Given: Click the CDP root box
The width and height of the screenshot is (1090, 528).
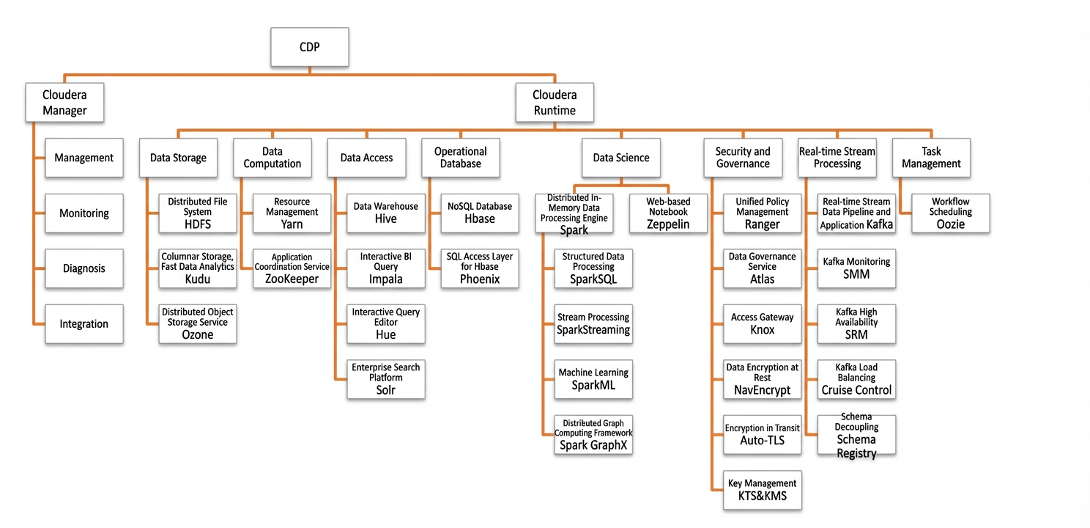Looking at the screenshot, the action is tap(309, 47).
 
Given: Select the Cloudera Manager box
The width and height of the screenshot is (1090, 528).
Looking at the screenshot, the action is tap(64, 102).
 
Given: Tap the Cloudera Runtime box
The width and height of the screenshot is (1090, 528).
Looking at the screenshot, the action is tap(555, 102).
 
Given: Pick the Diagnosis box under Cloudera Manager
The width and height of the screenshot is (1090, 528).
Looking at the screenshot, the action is tap(84, 268).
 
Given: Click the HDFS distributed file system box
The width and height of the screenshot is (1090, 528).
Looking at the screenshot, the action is tap(198, 213).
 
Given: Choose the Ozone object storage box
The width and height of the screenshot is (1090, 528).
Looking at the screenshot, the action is tap(198, 324).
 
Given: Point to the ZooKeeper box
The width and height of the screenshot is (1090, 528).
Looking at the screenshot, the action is tap(292, 268).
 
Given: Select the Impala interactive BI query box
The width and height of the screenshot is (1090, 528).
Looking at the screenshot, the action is tap(386, 268).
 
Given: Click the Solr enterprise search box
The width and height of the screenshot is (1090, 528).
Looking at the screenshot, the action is tap(386, 379).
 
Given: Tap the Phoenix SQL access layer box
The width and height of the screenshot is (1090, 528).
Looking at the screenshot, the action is tap(480, 268).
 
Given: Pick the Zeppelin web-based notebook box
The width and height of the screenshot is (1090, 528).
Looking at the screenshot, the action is tap(668, 213).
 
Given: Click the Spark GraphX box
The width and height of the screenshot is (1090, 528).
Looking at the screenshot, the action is tap(593, 434).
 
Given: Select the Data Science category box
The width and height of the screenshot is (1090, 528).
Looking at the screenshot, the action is tap(621, 158).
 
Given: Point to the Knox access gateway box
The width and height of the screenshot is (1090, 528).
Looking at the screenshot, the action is tap(762, 324).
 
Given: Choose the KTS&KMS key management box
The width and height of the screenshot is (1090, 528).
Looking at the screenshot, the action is tap(762, 490).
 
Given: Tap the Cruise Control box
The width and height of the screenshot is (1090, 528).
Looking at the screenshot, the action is tap(856, 379).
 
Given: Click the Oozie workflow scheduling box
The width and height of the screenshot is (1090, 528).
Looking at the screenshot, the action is tap(950, 213).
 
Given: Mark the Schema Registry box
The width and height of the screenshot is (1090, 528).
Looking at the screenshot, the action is tap(856, 434).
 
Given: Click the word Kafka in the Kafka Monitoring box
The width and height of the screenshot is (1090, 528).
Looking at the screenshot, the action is tap(834, 262).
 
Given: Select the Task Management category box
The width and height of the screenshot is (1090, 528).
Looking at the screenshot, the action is tap(931, 158).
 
